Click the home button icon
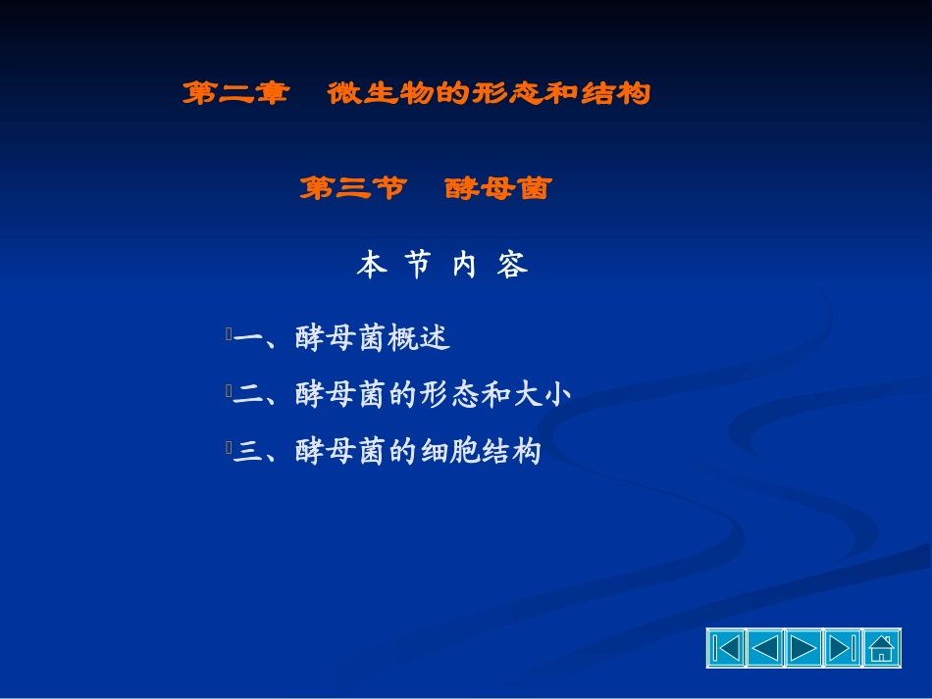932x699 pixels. [x=881, y=649]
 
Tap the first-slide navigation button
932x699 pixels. [x=726, y=649]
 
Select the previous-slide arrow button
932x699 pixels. [x=765, y=649]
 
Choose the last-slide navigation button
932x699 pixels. [x=842, y=649]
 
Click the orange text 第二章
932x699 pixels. [x=235, y=94]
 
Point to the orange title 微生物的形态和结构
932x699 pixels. [x=489, y=94]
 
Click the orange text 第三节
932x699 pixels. [x=352, y=188]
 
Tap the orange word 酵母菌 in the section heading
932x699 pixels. [x=497, y=188]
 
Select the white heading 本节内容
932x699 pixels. [x=442, y=266]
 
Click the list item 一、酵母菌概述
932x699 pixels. [x=341, y=339]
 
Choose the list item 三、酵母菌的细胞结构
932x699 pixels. [x=387, y=452]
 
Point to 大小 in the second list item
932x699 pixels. [x=542, y=395]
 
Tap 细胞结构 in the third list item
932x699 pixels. [x=481, y=452]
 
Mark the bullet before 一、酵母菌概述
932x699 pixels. [x=228, y=335]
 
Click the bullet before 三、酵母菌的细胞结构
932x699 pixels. [x=228, y=448]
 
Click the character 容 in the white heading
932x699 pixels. [x=512, y=266]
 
